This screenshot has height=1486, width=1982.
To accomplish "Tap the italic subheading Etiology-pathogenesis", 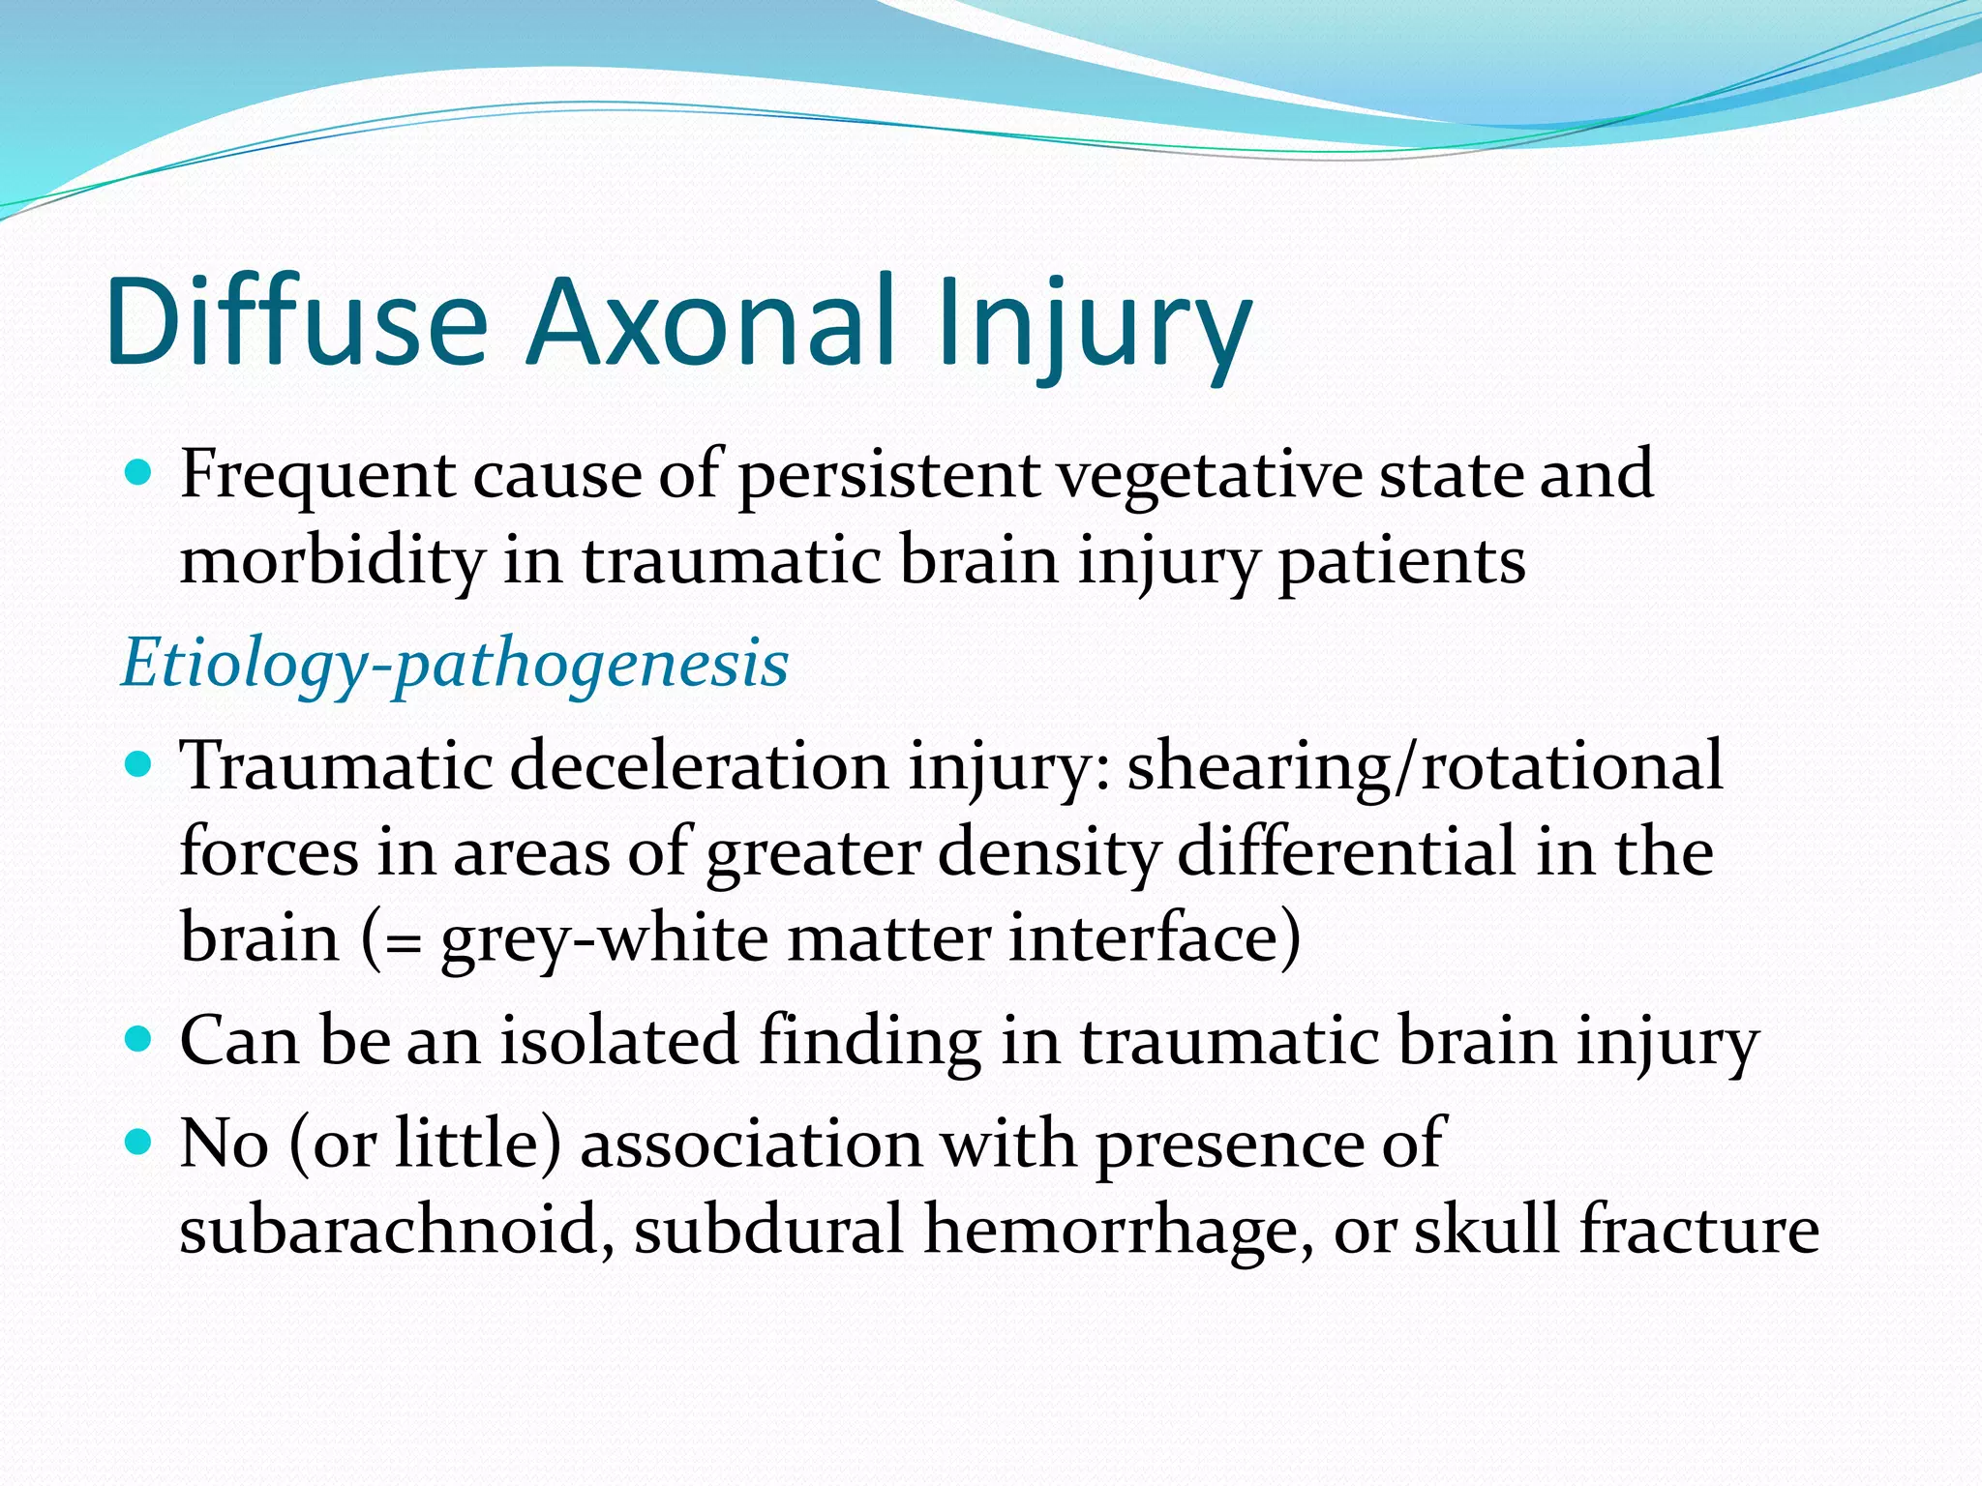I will click(x=455, y=664).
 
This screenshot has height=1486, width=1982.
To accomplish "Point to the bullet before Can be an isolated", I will click(x=139, y=1040).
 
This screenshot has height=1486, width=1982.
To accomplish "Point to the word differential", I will click(x=1347, y=853).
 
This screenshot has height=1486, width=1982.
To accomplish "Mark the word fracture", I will click(x=1698, y=1229).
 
